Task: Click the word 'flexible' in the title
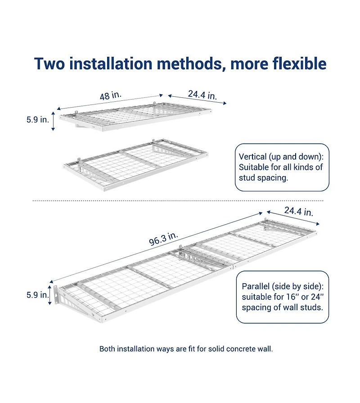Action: pos(299,63)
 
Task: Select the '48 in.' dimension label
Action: pos(110,96)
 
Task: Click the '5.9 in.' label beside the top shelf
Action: pos(37,120)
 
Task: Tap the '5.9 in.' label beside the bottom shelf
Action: pos(37,295)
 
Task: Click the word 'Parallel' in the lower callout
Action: pos(256,286)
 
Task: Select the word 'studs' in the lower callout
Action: pos(313,308)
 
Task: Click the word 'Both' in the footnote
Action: pos(107,349)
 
